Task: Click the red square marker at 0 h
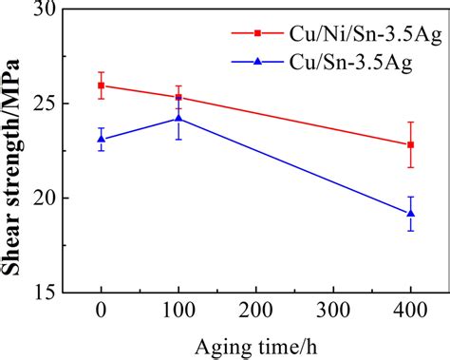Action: (x=101, y=85)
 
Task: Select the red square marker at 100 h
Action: (x=178, y=97)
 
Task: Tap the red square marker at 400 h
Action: (x=410, y=144)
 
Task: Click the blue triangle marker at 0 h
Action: (x=101, y=139)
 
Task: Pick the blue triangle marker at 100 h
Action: (x=178, y=119)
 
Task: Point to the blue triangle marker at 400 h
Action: (x=410, y=213)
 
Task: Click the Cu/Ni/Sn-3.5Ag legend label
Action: (x=348, y=34)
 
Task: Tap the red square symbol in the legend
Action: (x=256, y=34)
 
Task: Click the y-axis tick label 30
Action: (x=44, y=9)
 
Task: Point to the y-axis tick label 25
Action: (x=44, y=104)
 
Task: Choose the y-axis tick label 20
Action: (x=44, y=198)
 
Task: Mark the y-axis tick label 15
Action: (x=44, y=292)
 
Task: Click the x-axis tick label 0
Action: (x=101, y=313)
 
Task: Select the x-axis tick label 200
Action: (x=255, y=313)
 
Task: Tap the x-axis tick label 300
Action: (x=332, y=313)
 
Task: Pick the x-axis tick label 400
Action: (x=410, y=313)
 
